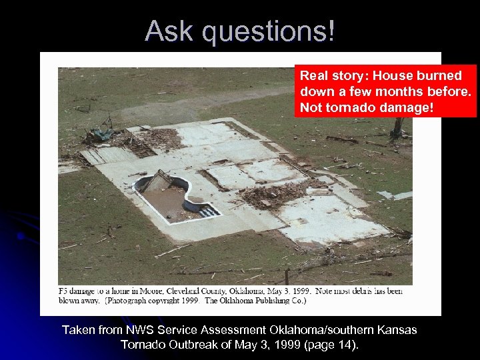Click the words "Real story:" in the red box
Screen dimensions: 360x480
pyautogui.click(x=331, y=76)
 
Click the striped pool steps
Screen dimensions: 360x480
pyautogui.click(x=209, y=211)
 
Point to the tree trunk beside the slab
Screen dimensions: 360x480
pyautogui.click(x=399, y=127)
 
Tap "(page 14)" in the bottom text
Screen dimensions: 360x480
pyautogui.click(x=328, y=345)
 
